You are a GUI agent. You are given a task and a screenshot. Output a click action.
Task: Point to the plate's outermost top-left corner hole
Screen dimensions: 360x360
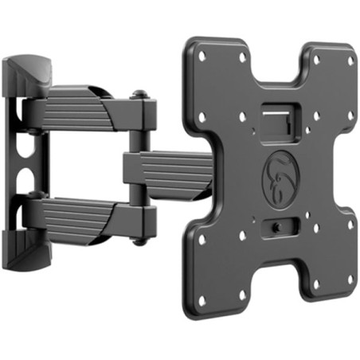pyautogui.click(x=202, y=57)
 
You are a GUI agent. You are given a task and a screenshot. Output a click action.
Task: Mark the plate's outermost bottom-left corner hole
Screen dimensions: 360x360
pyautogui.click(x=202, y=300)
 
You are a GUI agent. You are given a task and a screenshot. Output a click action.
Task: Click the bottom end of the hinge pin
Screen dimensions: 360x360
pyautogui.click(x=141, y=238)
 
